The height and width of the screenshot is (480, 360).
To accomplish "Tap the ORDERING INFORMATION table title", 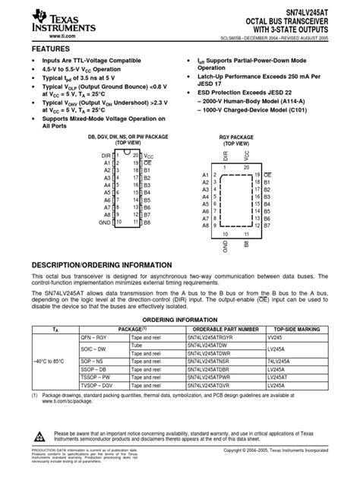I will (x=180, y=320).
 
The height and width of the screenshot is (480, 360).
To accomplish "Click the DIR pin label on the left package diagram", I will (x=106, y=155).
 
